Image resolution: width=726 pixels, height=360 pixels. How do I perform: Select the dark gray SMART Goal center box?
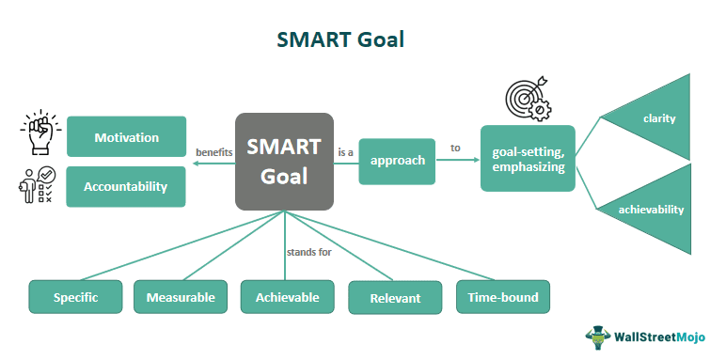point(284,161)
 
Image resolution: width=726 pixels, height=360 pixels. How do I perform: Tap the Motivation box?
point(126,137)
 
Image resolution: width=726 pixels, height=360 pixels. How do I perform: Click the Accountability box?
point(126,186)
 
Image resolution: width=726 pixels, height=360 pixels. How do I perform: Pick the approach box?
point(397,160)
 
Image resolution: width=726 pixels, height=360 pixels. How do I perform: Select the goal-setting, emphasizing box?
point(528,158)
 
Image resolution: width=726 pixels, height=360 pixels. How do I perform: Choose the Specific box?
point(76,298)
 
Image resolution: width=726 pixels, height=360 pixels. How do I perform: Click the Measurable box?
point(181,298)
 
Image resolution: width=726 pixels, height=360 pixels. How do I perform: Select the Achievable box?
point(287,298)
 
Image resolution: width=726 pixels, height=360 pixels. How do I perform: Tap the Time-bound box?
point(503,298)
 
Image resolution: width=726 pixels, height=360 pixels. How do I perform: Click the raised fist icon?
point(37,135)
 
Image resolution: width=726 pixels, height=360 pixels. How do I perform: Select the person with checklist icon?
point(37,185)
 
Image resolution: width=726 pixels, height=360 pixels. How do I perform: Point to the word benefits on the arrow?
point(213,152)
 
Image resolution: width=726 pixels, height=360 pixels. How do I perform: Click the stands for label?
point(309,252)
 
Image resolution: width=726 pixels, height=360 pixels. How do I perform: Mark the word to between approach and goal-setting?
point(455,148)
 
